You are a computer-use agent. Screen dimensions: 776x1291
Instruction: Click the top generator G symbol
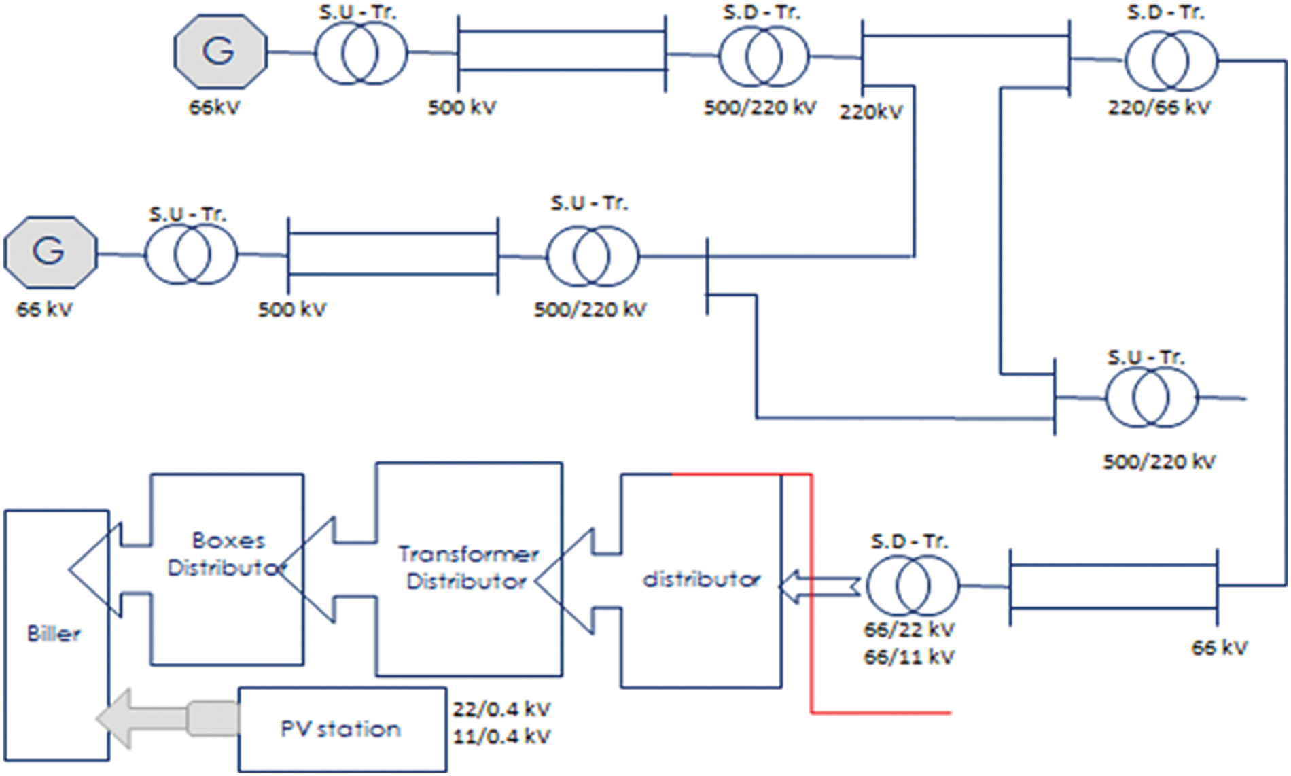coord(220,52)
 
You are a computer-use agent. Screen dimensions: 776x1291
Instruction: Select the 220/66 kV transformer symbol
coord(1171,61)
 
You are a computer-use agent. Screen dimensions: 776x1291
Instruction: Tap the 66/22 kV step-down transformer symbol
coord(910,586)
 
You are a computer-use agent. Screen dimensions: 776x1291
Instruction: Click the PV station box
coord(342,729)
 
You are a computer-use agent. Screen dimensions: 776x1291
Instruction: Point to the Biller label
coord(54,634)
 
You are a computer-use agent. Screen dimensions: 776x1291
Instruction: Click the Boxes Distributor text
coord(227,554)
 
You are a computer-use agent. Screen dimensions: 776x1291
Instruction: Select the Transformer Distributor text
coord(468,568)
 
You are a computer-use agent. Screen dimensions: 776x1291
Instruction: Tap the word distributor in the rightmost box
coord(701,580)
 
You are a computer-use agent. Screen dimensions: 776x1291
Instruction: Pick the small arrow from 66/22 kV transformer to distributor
coord(819,586)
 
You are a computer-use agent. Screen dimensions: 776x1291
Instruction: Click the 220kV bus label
coord(870,112)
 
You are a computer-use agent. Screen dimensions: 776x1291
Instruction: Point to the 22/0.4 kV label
coord(501,709)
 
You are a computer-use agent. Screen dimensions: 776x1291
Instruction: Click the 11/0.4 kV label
coord(501,737)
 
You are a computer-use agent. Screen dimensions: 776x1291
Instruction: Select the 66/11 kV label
coord(909,657)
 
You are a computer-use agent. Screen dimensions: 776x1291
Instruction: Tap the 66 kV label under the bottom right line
coord(1219,648)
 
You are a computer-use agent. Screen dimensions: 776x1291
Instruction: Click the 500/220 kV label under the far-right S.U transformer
coord(1159,462)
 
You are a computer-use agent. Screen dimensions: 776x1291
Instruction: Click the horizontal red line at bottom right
coord(881,713)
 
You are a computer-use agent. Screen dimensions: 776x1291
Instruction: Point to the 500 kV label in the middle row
coord(291,310)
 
